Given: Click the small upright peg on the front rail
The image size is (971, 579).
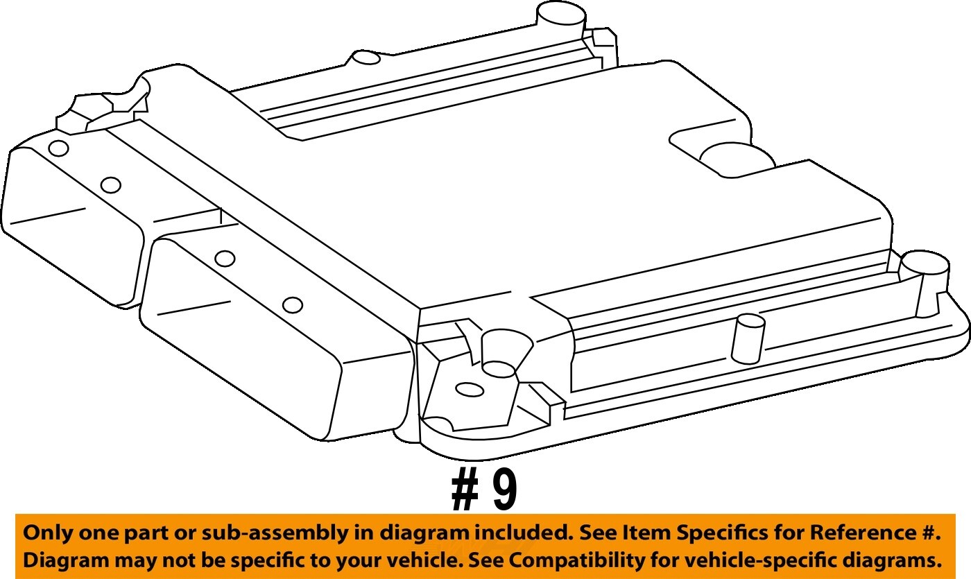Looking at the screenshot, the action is tap(748, 338).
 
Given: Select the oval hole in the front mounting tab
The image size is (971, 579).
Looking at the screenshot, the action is tap(470, 390).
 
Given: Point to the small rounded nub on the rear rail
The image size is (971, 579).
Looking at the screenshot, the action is tap(367, 58).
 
